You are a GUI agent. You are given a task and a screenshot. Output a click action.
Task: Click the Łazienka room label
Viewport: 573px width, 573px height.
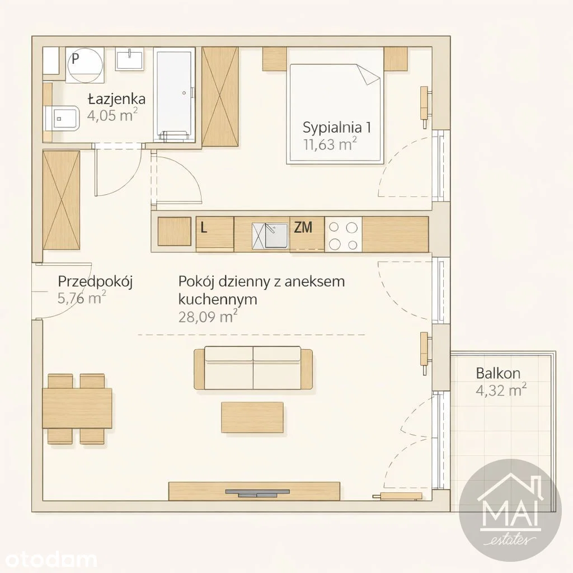(x=116, y=99)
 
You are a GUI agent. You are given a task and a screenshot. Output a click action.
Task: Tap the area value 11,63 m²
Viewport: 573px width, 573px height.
(x=330, y=144)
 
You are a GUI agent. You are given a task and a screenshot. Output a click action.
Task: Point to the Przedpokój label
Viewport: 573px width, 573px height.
(x=95, y=282)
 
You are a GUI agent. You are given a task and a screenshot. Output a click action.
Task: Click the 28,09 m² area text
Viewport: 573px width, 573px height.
(x=208, y=317)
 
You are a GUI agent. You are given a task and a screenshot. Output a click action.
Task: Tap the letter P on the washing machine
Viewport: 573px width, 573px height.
(x=76, y=58)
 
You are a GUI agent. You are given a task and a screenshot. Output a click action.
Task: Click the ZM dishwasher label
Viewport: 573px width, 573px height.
(x=303, y=228)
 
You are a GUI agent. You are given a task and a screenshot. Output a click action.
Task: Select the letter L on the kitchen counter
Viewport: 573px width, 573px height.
(x=204, y=228)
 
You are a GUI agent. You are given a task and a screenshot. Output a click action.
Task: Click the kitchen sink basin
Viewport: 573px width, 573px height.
(x=276, y=236)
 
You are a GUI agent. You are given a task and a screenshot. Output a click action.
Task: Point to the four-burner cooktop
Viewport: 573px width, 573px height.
(x=343, y=234)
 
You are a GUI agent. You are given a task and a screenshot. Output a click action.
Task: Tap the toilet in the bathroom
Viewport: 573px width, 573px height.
(x=62, y=118)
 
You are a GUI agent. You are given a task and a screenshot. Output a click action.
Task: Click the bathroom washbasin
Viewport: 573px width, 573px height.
(x=129, y=58)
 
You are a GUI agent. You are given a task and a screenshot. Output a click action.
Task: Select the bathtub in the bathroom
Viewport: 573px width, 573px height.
(x=175, y=95)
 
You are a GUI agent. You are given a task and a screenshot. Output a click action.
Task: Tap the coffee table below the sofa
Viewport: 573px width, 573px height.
(x=252, y=417)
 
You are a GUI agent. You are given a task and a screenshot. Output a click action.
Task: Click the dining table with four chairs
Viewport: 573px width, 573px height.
(x=77, y=408)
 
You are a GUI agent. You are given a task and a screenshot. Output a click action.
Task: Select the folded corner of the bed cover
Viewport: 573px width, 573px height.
(x=369, y=75)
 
